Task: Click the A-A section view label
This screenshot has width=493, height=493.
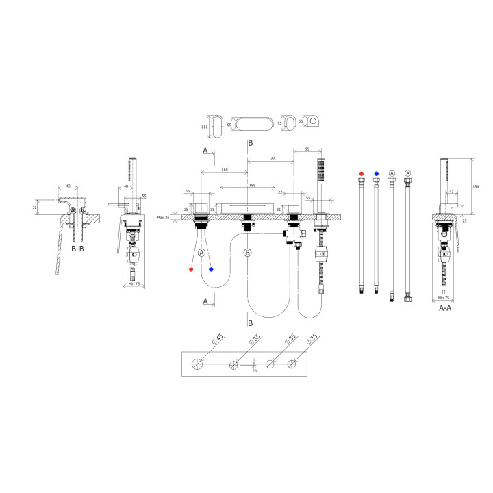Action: (x=445, y=308)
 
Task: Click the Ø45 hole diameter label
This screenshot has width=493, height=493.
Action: (x=219, y=338)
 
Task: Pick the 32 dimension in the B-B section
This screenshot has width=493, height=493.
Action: (x=34, y=207)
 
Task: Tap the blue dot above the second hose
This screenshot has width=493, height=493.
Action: (x=376, y=174)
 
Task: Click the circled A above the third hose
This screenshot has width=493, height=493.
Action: (x=392, y=174)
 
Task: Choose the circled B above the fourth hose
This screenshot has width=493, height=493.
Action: (x=407, y=174)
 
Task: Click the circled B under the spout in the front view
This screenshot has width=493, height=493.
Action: (x=247, y=253)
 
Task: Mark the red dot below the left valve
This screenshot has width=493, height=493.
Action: (x=191, y=269)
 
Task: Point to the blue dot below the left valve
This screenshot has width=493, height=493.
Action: (x=212, y=269)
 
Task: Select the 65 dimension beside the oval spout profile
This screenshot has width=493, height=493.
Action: (x=230, y=126)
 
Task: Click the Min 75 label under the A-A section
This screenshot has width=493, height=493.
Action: (x=443, y=299)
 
